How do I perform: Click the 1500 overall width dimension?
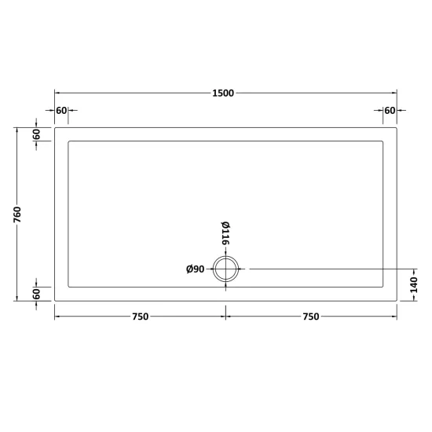pos(223,93)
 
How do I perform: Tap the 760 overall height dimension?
pos(17,214)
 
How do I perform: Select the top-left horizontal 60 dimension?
pos(61,111)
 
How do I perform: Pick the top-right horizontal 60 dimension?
pos(390,111)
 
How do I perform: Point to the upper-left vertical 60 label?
pos(36,134)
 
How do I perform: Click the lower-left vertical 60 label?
pos(36,294)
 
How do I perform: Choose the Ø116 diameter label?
pos(225,233)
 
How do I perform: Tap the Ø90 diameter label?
pos(195,269)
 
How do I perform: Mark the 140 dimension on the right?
pos(413,285)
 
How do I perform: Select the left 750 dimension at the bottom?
pos(141,317)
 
